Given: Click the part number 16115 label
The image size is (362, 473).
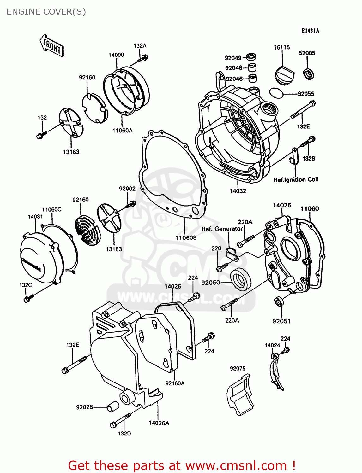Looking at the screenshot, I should [x=281, y=47].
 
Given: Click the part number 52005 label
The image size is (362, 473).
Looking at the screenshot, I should [x=307, y=53].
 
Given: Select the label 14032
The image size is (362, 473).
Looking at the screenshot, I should [x=238, y=191].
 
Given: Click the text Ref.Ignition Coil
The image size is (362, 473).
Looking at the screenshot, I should [x=296, y=180].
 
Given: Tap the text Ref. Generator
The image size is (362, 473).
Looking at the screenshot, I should [x=222, y=229].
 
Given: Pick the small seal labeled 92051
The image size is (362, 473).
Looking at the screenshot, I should [x=279, y=301].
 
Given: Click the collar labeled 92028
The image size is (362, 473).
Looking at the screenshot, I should [x=112, y=406].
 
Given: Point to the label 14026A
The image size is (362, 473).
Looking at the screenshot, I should [x=159, y=423].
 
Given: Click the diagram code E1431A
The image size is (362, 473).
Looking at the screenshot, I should [x=310, y=31].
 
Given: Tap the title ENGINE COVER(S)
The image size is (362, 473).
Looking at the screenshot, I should [x=46, y=12].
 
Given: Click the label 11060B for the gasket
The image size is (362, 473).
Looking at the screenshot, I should [x=186, y=237].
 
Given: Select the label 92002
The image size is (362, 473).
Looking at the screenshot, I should [x=127, y=189].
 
